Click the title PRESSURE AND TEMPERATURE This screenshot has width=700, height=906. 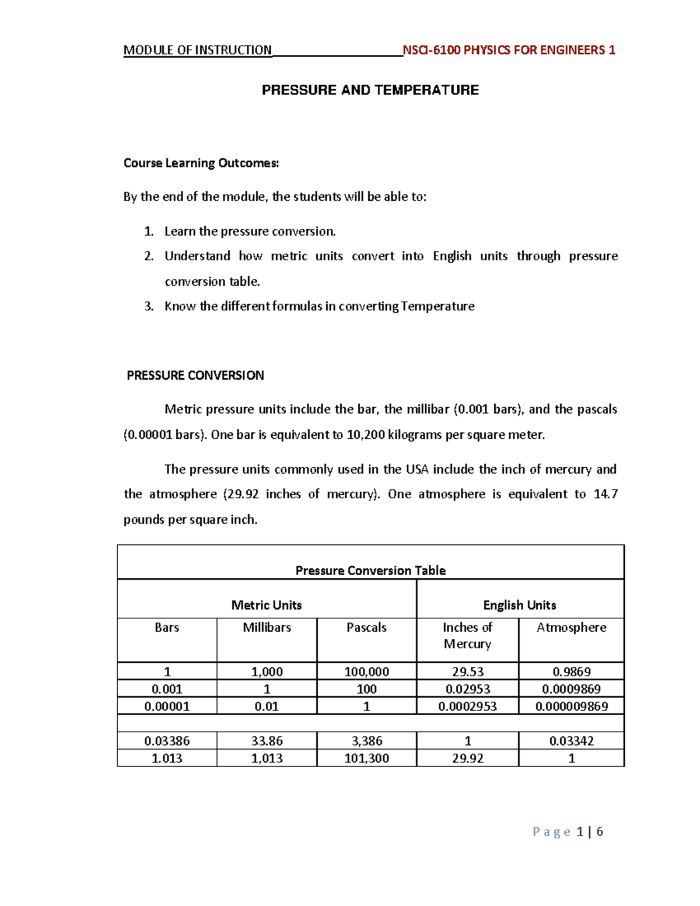pyautogui.click(x=370, y=90)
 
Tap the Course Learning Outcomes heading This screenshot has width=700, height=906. pyautogui.click(x=201, y=163)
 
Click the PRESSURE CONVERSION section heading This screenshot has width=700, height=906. pyautogui.click(x=195, y=375)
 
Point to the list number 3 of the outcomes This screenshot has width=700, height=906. pyautogui.click(x=148, y=306)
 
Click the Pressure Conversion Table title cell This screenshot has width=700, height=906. pyautogui.click(x=370, y=570)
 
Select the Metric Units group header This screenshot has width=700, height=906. pyautogui.click(x=267, y=605)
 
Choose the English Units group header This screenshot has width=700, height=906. pyautogui.click(x=519, y=605)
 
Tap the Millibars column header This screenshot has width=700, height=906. pyautogui.click(x=267, y=628)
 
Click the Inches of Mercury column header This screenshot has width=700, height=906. pyautogui.click(x=467, y=635)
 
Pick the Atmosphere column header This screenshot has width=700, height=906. pyautogui.click(x=571, y=628)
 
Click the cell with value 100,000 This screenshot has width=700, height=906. pyautogui.click(x=366, y=671)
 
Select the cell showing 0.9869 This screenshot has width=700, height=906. pyautogui.click(x=571, y=671)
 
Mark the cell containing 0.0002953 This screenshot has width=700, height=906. pyautogui.click(x=467, y=706)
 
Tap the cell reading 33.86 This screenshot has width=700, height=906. pyautogui.click(x=267, y=741)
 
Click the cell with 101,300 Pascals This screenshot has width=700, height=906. pyautogui.click(x=366, y=758)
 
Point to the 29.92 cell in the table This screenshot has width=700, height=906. pyautogui.click(x=467, y=758)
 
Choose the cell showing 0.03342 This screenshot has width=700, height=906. pyautogui.click(x=571, y=741)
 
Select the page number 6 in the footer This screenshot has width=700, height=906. pyautogui.click(x=600, y=832)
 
